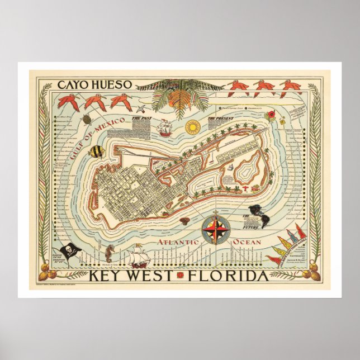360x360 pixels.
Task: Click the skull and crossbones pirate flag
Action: tap(69, 250)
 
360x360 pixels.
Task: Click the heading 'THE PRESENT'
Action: tap(219, 119)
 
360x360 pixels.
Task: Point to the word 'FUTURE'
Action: tap(251, 228)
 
